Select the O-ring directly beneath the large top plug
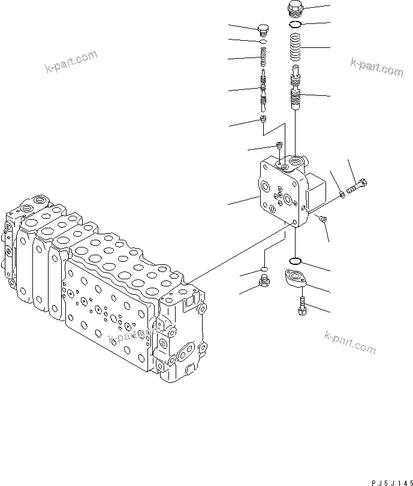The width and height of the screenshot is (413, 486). pyautogui.click(x=295, y=25)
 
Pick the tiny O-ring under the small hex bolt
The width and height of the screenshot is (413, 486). pyautogui.click(x=263, y=42)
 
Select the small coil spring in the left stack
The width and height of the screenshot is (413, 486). pyautogui.click(x=263, y=59)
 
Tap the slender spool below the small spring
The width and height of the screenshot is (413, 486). pyautogui.click(x=263, y=90)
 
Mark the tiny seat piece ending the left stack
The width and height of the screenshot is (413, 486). pyautogui.click(x=263, y=122)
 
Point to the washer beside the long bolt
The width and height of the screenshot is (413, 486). pyautogui.click(x=341, y=193)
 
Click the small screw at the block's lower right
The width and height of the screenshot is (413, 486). pyautogui.click(x=322, y=220)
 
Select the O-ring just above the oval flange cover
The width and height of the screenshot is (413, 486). pyautogui.click(x=295, y=261)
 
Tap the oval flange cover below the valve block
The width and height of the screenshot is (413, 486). pyautogui.click(x=295, y=280)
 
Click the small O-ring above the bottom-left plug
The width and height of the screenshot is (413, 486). pyautogui.click(x=263, y=269)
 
